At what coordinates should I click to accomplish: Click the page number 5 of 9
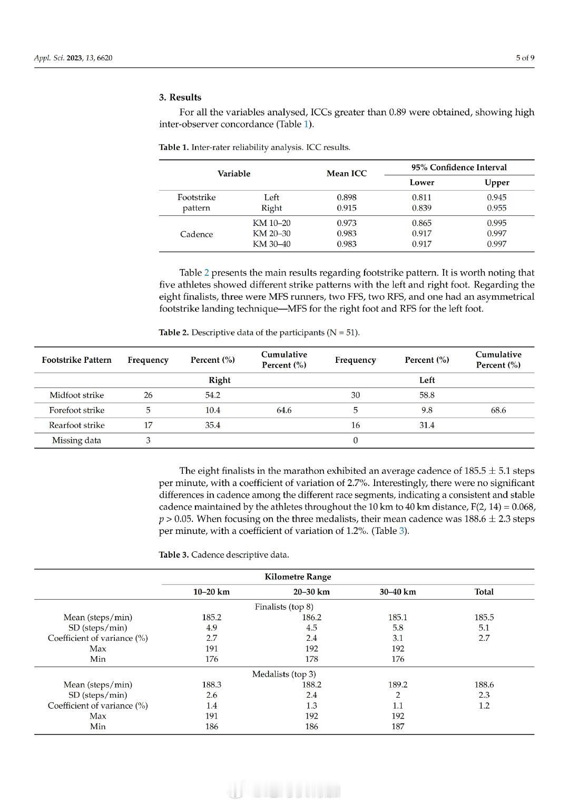525,58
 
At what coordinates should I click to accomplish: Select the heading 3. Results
180,97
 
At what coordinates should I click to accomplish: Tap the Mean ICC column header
346,174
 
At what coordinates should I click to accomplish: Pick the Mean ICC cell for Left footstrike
346,197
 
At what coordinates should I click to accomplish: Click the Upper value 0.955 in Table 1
497,208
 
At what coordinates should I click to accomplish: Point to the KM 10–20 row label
271,223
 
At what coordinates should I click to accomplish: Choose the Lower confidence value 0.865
421,223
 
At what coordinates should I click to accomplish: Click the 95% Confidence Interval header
459,167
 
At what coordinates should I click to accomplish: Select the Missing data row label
76,441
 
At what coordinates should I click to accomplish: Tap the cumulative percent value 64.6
284,410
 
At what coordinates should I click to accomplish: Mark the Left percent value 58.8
427,395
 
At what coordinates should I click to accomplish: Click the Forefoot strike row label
77,410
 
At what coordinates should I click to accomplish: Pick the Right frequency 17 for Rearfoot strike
148,425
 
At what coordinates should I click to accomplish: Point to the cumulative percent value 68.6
498,410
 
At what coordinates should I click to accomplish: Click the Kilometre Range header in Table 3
298,577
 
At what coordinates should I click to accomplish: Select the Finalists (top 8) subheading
284,607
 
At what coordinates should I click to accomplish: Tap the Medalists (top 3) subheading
284,674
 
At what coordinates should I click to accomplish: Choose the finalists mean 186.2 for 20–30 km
311,618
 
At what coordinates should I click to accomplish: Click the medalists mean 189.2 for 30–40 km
398,685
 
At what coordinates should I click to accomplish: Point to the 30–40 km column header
398,592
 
